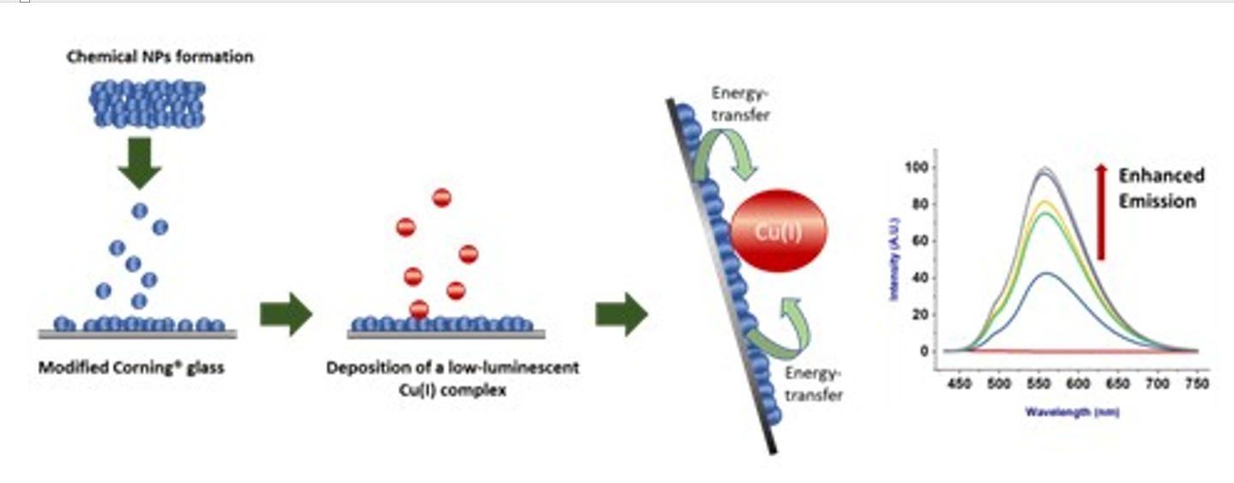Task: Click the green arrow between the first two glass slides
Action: coord(286,314)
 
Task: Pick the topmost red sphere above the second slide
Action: coord(442,198)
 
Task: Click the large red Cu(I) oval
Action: coord(779,230)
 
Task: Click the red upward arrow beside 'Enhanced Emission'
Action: coord(1101,213)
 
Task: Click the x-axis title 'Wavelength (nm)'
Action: coord(1072,412)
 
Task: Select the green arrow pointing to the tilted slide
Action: coord(621,314)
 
